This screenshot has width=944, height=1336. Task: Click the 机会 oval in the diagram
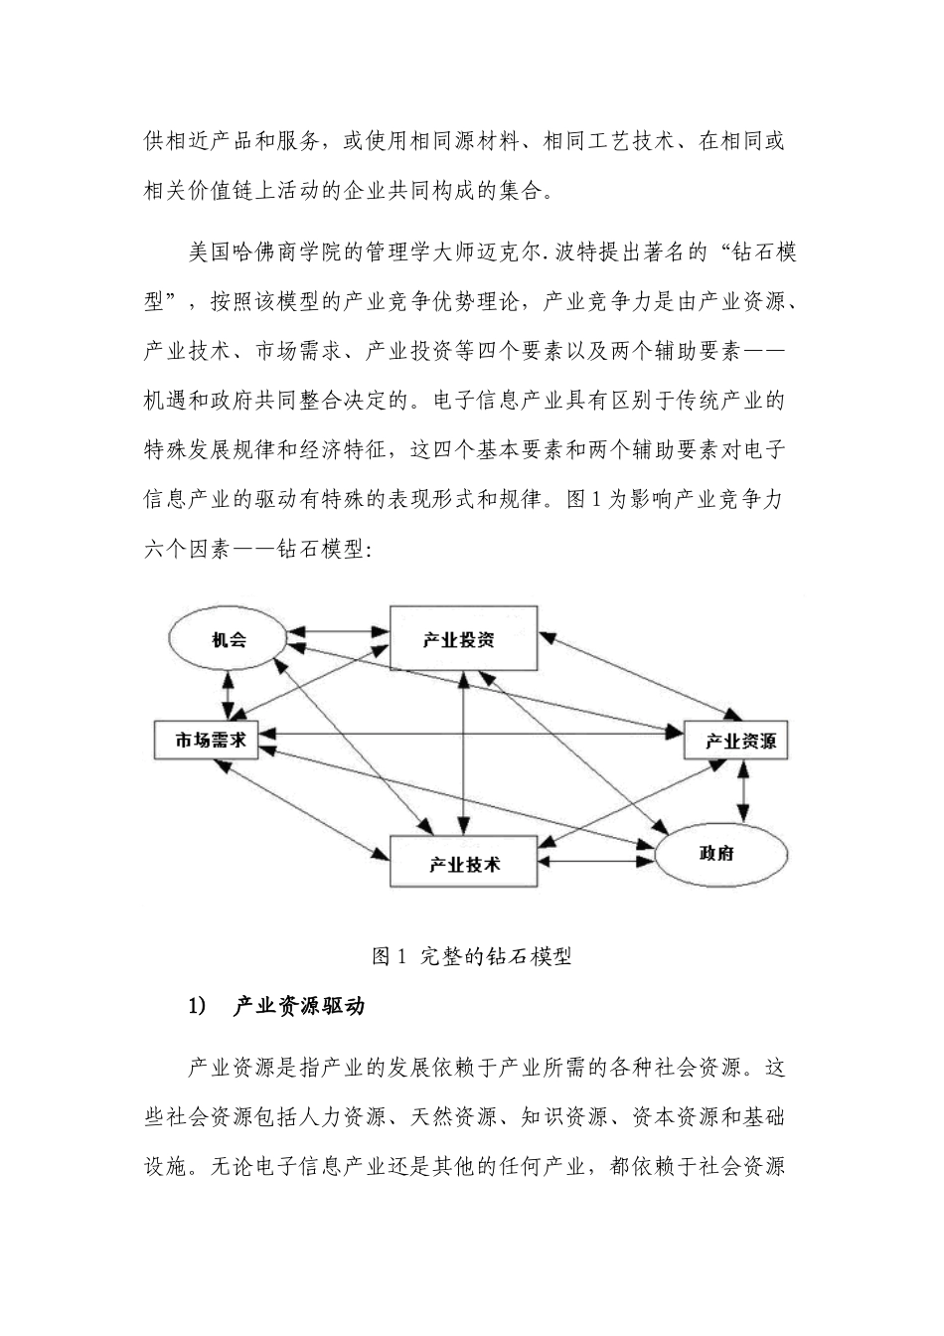229,640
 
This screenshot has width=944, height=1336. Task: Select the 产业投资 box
463,639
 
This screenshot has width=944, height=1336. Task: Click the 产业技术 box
464,861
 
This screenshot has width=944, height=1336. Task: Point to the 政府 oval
717,853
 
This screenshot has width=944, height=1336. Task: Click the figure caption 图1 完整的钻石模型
471,957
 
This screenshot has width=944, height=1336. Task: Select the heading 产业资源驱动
299,1006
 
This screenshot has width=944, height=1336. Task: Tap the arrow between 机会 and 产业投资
338,630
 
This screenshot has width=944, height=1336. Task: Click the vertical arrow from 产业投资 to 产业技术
463,751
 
